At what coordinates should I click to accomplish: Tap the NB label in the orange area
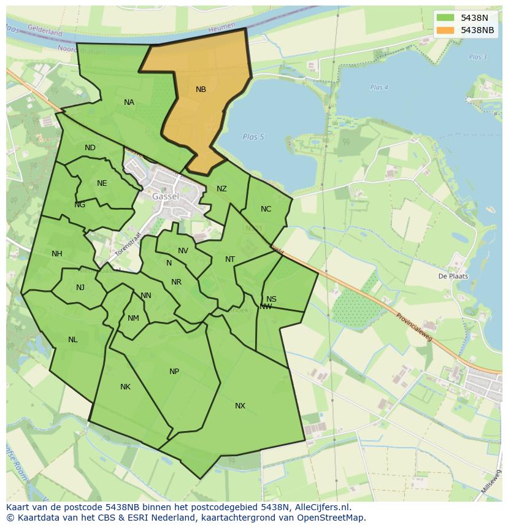tap(201, 90)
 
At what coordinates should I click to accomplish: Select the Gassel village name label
tap(166, 196)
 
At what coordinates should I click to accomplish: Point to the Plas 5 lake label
tap(253, 137)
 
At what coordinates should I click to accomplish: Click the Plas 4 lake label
tap(379, 88)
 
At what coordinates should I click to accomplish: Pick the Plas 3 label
tap(477, 57)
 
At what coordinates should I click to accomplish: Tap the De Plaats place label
tap(453, 276)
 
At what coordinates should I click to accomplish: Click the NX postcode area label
tap(240, 406)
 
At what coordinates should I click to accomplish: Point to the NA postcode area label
tap(129, 102)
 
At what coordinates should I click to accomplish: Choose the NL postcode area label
tap(73, 340)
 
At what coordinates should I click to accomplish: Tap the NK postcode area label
tap(125, 387)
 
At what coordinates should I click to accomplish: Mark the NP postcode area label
tap(174, 372)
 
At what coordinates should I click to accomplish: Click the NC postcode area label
tap(266, 209)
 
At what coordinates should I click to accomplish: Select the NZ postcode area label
tap(221, 189)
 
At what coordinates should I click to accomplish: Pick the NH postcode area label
tap(57, 254)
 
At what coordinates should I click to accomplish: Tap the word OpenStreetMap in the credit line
tap(331, 518)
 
